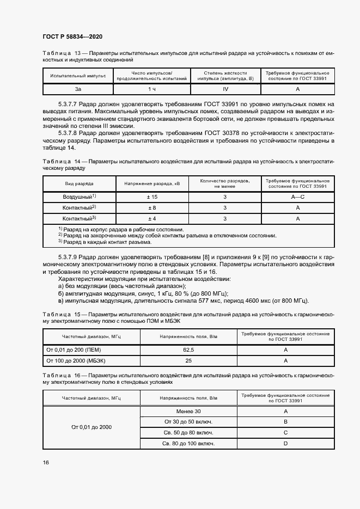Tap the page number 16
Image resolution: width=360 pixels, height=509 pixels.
(46, 462)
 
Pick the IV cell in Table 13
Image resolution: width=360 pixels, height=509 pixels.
(225, 89)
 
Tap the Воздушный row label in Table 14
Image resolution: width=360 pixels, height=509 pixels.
(80, 197)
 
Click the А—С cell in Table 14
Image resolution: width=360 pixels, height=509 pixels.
(297, 197)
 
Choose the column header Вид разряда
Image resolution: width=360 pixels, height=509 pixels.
(80, 184)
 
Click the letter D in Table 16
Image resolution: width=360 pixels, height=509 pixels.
(285, 444)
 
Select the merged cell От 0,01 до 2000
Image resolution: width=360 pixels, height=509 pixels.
(91, 427)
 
